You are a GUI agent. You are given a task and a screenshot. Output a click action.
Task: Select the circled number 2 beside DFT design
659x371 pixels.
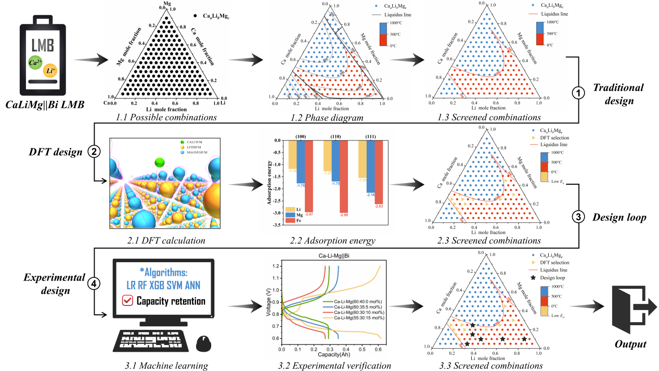pos(94,152)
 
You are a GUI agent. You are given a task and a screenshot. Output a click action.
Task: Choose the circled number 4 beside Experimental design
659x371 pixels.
pos(94,284)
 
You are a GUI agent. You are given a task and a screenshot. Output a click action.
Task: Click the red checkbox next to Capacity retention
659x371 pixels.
pos(126,301)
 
